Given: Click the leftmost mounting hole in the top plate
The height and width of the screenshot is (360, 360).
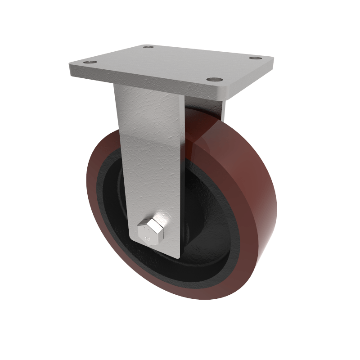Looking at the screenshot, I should (91, 62).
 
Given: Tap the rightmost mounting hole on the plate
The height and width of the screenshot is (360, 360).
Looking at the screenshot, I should (255, 59).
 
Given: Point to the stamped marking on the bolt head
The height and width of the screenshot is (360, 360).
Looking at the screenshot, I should (148, 234).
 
